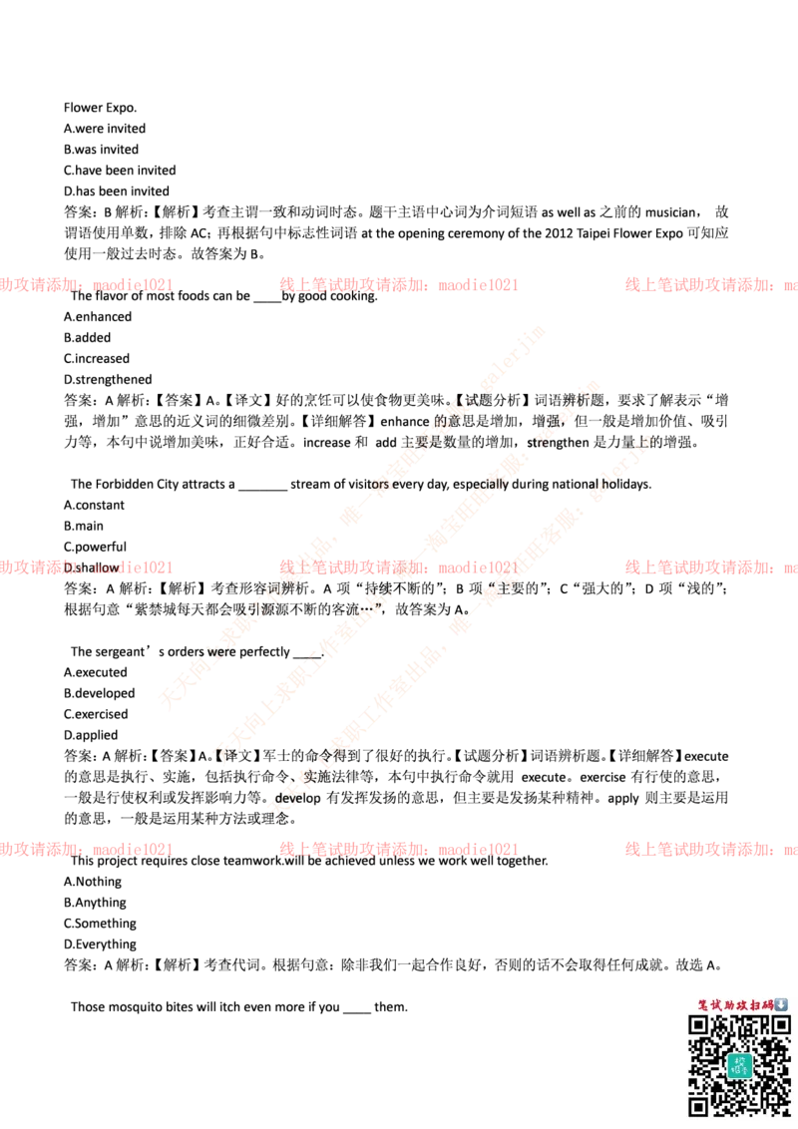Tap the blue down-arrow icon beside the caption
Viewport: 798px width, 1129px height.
pos(781,1004)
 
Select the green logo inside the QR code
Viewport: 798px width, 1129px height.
pos(738,1065)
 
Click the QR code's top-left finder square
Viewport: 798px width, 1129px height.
pos(699,1025)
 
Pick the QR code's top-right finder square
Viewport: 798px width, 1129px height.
pos(780,1025)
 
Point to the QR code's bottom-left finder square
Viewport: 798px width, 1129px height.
pos(699,1105)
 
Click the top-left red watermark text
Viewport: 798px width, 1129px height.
pos(87,284)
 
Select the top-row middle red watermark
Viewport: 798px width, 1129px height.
pos(398,284)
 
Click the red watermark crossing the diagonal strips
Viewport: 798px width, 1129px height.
pos(398,566)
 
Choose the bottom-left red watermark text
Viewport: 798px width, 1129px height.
pos(87,849)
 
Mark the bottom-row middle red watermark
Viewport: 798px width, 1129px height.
pos(398,849)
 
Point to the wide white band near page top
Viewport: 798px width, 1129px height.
pos(399,67)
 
